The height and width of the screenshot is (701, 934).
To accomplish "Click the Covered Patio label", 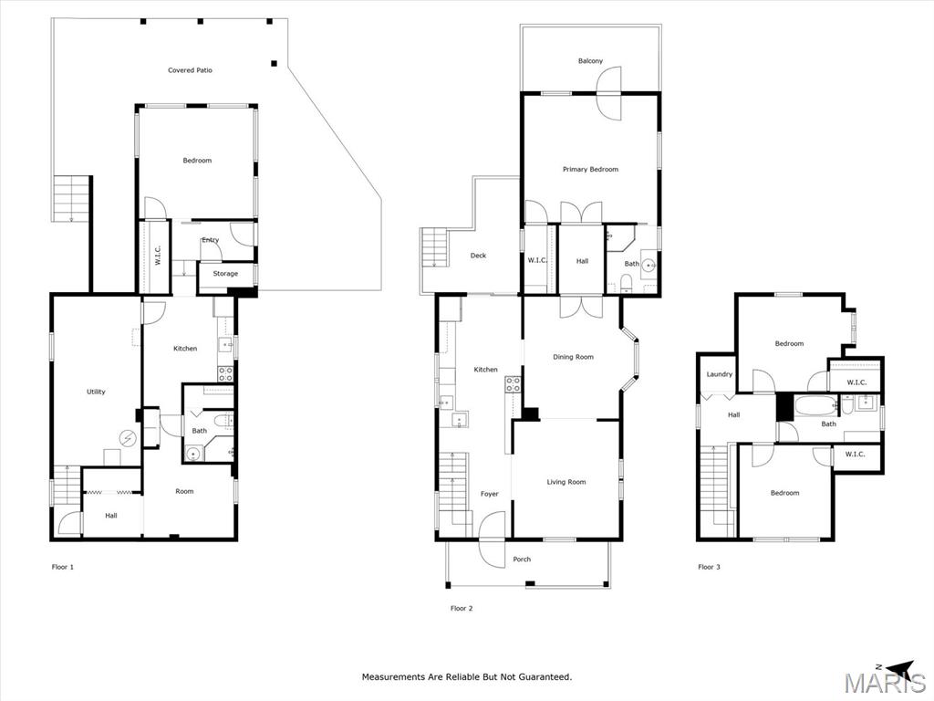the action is (190, 70).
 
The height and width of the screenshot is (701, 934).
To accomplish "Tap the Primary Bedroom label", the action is (590, 169).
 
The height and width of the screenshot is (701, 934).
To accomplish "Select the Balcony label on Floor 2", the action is (590, 61).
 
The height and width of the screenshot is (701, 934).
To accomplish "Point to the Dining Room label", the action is (573, 357).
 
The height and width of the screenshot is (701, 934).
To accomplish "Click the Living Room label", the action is (566, 482).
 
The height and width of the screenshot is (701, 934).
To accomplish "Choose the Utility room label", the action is (96, 392).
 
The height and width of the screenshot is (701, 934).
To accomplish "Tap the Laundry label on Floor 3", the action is (720, 374).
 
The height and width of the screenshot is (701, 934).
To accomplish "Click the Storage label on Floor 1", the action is (225, 274).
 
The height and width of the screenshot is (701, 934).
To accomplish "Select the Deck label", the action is (478, 256).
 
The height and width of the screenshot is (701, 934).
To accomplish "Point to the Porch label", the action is (522, 560).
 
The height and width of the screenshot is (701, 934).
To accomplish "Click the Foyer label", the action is (490, 494).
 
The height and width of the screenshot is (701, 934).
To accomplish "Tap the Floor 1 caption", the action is (63, 567).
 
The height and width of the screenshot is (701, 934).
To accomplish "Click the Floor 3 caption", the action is (709, 567).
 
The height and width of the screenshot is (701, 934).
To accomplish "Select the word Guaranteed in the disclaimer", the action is (545, 677).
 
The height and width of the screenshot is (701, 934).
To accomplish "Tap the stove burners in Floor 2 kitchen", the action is (513, 384).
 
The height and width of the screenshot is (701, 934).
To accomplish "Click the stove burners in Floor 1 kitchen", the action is (225, 373).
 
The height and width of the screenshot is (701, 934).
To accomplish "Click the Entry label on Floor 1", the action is (211, 240).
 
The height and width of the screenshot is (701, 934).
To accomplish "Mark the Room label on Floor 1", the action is (184, 492).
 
